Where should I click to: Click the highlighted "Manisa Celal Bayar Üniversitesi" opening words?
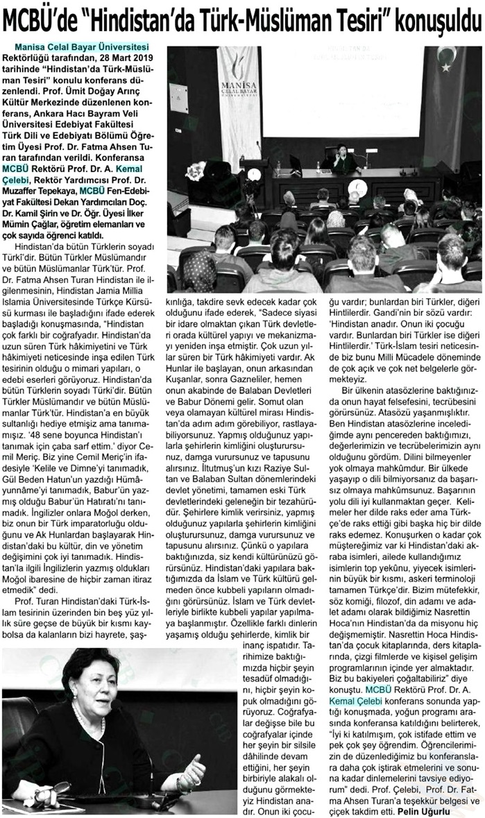point(86,46)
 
